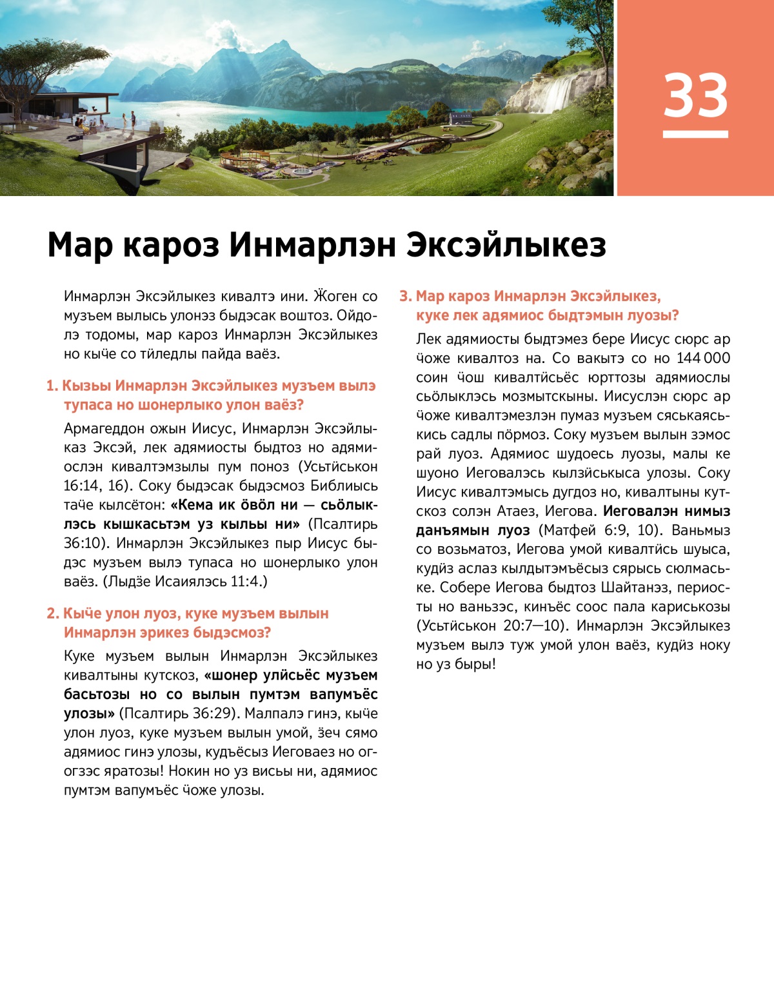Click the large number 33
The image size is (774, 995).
pos(695,95)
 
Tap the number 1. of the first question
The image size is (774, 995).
pos(52,386)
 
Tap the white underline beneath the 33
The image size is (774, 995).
pos(695,134)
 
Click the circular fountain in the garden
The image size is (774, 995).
pos(302,172)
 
